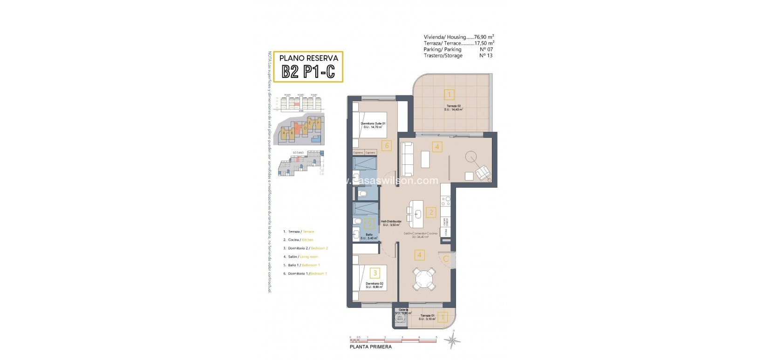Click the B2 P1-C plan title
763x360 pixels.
coord(308,72)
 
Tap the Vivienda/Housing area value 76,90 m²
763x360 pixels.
coord(484,37)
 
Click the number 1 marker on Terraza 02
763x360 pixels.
coord(449,95)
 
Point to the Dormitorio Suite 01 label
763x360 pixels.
coord(373,123)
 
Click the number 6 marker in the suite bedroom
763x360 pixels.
coord(386,145)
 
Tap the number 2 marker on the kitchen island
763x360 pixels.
coord(431,213)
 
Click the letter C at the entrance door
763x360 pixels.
coord(446,259)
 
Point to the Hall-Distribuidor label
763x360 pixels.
coord(391,222)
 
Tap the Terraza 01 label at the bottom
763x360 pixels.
coord(426,316)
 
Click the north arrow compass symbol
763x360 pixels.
coord(452,342)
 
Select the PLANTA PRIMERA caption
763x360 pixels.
coord(371,346)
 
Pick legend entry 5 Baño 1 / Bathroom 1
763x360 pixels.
coord(304,265)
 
